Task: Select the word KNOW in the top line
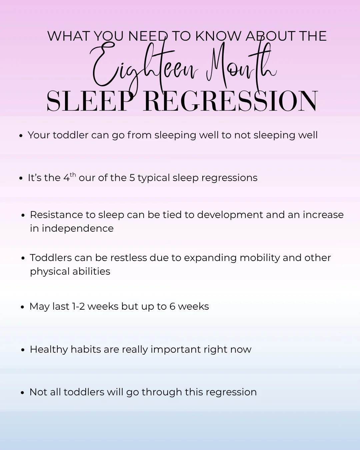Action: (x=218, y=36)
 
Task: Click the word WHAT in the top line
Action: (x=69, y=36)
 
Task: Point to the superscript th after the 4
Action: (x=73, y=175)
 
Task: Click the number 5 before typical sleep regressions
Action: (x=132, y=178)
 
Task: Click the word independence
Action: (x=78, y=228)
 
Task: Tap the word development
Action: (x=230, y=215)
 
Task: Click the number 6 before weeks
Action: (x=172, y=306)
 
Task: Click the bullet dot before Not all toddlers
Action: (x=23, y=393)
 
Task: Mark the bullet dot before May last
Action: (x=23, y=307)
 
